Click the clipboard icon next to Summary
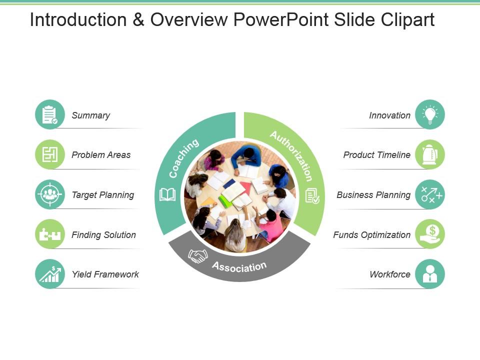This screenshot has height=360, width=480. point(50,114)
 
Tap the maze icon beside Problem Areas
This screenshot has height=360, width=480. point(50,154)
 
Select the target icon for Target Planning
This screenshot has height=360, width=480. point(50,194)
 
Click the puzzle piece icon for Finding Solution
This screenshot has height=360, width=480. point(50,234)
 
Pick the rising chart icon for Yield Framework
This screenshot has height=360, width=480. point(50,274)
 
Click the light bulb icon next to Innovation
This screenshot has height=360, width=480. point(429,114)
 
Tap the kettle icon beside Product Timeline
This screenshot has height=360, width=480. point(429,154)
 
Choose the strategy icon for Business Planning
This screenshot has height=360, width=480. point(429,194)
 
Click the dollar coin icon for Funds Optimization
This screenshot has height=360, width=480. point(429,234)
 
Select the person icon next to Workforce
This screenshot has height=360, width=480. point(429,274)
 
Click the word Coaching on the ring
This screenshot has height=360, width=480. point(183,158)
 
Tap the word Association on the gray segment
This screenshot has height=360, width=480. point(239,266)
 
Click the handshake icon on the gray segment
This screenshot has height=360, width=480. point(197,255)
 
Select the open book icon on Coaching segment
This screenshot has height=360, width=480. point(167,194)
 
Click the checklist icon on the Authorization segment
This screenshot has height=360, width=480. point(312,195)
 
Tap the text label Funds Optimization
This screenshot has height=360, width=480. point(371,234)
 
